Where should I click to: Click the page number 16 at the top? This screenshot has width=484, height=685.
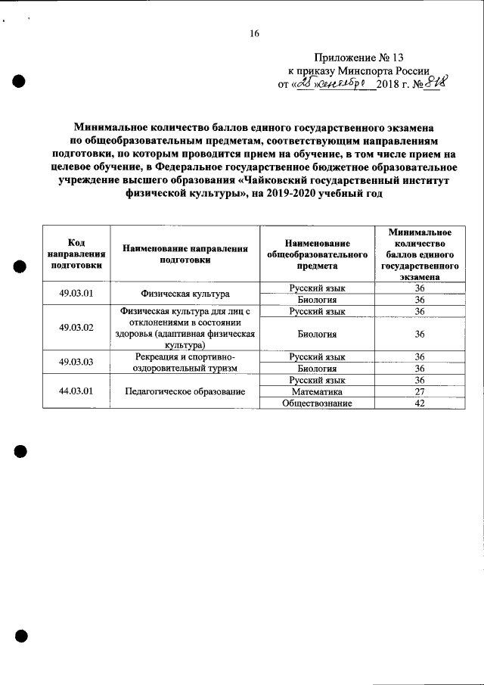pos(254,33)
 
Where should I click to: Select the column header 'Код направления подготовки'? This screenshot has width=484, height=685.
pos(76,253)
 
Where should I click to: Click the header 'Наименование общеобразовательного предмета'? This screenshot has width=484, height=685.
pos(316,253)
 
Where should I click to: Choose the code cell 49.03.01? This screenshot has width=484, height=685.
pos(76,294)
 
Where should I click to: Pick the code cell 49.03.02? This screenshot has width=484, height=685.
pos(76,328)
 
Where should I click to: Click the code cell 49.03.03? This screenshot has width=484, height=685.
pos(76,362)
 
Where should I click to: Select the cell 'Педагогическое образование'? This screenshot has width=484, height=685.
pos(185,391)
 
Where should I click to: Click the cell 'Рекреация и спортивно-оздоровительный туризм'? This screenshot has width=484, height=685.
pos(185,362)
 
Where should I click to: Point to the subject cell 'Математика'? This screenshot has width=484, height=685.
pos(317,391)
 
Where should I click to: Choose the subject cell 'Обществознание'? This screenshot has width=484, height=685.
pos(317,403)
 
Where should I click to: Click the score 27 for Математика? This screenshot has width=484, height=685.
pos(420,391)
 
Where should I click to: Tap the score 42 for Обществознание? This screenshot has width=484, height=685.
pos(420,403)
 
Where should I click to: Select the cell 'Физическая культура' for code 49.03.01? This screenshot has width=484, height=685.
pos(185,294)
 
